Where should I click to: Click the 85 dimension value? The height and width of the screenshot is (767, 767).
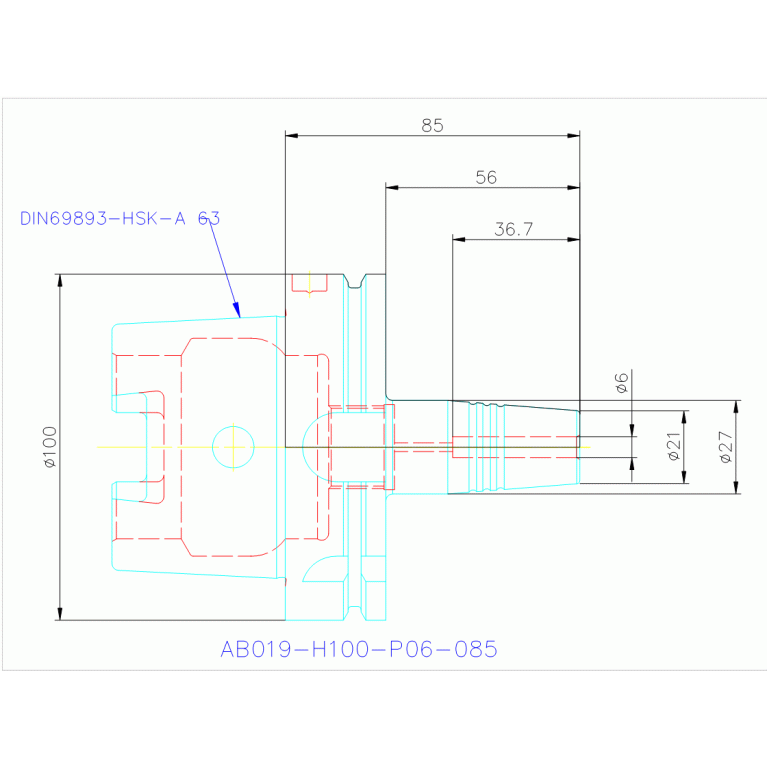pos(432,126)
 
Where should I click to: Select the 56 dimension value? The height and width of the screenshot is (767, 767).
pos(486,178)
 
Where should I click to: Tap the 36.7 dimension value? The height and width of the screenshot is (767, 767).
pos(514,229)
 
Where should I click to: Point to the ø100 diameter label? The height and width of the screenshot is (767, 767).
pos(50,447)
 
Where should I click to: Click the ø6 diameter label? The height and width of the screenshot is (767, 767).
pos(621,383)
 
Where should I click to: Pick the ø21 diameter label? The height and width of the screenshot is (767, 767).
pos(674,446)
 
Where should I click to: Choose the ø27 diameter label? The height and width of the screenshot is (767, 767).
pos(726,447)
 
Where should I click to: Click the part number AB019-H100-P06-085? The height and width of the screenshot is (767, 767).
pos(359,650)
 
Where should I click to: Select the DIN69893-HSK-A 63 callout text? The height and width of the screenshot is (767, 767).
pos(120,218)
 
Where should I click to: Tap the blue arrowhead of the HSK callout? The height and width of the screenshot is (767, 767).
pos(237,310)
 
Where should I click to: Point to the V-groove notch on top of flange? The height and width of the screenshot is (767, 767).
pos(355,281)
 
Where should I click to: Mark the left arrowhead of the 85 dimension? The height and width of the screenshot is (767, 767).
pos(292,135)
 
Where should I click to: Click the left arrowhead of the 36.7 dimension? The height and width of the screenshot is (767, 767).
pos(459,239)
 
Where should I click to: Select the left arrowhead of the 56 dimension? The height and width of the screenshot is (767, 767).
pos(392,187)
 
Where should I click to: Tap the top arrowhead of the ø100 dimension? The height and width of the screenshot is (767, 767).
pos(60,280)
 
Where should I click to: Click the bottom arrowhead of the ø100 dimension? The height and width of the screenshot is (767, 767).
pos(60,614)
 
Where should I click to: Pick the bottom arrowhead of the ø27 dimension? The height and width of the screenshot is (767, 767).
pos(736,488)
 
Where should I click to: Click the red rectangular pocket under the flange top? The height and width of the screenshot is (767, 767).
pos(310,283)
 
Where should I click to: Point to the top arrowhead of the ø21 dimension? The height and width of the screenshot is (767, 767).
pos(684,417)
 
